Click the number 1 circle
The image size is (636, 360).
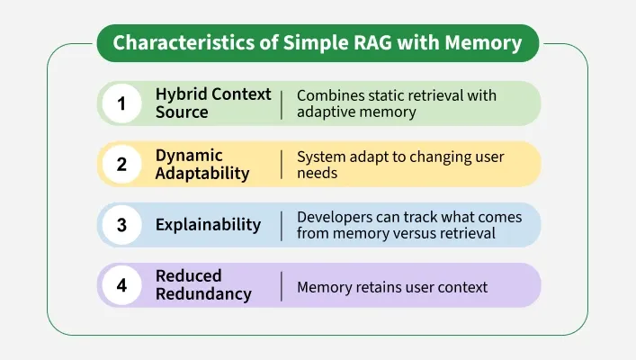[121, 103]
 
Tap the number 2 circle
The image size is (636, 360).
[121, 164]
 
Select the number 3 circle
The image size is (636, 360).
[121, 225]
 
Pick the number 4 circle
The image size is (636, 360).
[121, 286]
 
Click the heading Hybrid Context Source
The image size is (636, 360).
[212, 103]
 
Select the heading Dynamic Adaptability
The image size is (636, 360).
[202, 164]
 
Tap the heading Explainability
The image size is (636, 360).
[208, 225]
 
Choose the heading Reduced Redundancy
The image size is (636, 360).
[203, 284]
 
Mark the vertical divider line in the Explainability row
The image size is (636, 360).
[282, 225]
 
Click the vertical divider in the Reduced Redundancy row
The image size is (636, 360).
[282, 286]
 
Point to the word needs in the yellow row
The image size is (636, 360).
[317, 173]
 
